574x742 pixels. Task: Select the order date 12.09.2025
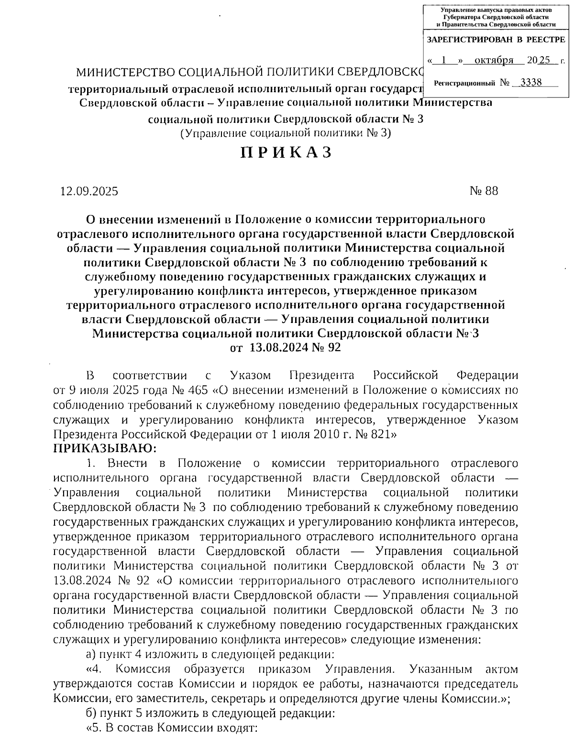coord(89,192)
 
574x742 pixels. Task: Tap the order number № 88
coord(484,191)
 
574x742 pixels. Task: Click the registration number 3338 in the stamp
coord(531,82)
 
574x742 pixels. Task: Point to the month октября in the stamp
coord(493,60)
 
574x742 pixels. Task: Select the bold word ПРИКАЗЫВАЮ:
coord(105,449)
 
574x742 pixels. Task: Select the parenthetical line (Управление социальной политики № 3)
coord(286,133)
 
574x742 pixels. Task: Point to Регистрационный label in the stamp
coord(464,84)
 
